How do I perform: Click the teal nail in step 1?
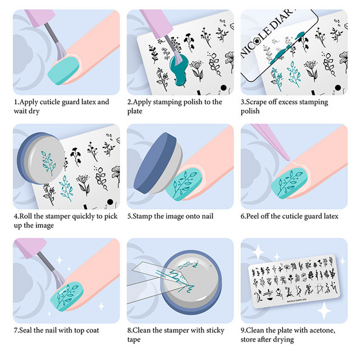[x=63, y=71]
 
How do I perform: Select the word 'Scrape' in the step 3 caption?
[x=256, y=102]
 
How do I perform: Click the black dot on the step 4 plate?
[x=110, y=202]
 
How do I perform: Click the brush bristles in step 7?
[x=59, y=279]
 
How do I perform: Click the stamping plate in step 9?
[x=294, y=281]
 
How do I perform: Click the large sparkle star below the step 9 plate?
[x=324, y=310]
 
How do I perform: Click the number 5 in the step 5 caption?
[x=129, y=216]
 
